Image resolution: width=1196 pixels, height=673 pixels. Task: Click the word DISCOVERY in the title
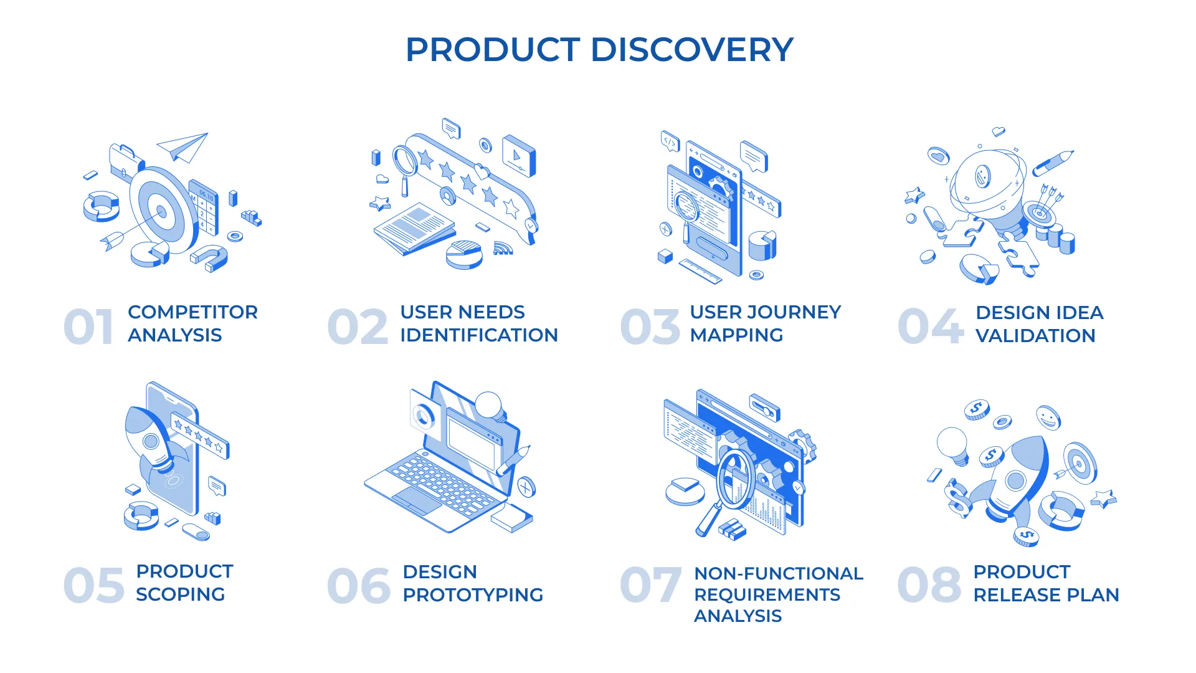[691, 50]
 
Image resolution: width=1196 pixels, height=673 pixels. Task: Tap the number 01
[88, 327]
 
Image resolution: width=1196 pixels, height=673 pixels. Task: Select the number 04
[931, 327]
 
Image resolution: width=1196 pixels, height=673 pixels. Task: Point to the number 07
[650, 585]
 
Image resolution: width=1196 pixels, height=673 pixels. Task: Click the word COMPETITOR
[192, 312]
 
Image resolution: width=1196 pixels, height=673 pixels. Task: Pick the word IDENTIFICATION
[478, 335]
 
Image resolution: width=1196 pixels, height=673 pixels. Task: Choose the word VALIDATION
[1035, 336]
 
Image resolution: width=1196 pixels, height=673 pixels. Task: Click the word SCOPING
[180, 594]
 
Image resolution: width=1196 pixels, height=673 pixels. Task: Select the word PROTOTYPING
[473, 595]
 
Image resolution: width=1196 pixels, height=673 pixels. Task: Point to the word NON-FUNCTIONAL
[779, 573]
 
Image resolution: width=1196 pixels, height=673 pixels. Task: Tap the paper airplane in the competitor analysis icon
[183, 146]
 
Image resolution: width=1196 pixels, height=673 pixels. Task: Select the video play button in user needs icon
[519, 156]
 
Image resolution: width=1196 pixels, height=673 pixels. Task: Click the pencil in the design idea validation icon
[1053, 163]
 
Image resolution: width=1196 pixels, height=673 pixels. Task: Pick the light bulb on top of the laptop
[489, 406]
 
